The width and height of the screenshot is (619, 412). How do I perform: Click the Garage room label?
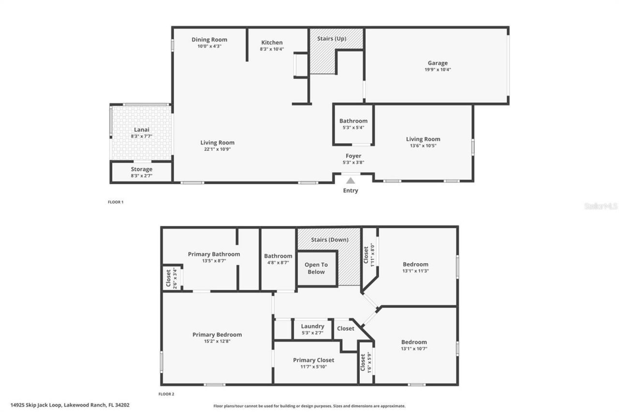pos(437,63)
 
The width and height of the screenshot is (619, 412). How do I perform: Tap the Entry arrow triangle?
pos(351,181)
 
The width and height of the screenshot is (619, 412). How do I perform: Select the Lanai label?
pos(141,130)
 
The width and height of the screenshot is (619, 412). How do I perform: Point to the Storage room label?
pos(141,169)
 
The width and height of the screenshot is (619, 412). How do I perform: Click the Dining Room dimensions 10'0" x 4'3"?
pos(209,46)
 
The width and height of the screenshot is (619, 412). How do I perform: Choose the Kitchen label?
pos(272,43)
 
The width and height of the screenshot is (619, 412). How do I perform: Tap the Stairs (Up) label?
pos(331,38)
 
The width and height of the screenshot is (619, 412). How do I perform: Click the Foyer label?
pos(353,156)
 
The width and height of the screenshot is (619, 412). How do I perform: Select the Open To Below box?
pos(316,268)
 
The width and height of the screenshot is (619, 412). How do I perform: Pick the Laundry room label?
pos(312,326)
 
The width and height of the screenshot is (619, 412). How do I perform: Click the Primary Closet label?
pos(313,360)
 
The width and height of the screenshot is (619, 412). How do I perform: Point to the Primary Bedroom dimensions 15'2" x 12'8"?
pos(217,341)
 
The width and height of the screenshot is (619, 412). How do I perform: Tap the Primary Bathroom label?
pos(214,254)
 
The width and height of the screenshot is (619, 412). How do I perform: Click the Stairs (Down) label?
pos(329,240)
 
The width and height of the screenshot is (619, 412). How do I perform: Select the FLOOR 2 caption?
pos(166,394)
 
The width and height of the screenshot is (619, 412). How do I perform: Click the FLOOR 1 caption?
pos(116,202)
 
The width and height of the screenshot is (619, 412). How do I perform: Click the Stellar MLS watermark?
pos(601,206)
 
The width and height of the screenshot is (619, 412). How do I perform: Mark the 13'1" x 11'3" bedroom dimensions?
pos(415,271)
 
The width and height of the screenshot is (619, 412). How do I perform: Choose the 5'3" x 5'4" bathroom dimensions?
pos(353,128)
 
